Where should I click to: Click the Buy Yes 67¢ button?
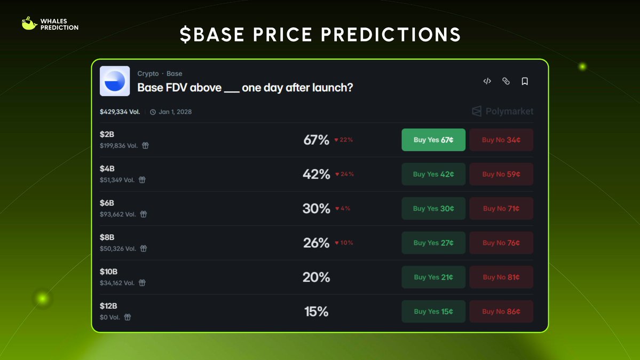pyautogui.click(x=433, y=140)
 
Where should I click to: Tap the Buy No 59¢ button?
pyautogui.click(x=501, y=174)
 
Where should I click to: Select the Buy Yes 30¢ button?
pyautogui.click(x=433, y=208)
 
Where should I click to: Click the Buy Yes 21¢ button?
pyautogui.click(x=433, y=277)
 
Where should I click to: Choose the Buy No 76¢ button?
pyautogui.click(x=501, y=242)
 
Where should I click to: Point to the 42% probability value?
pyautogui.click(x=316, y=174)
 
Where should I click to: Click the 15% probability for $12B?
pyautogui.click(x=316, y=311)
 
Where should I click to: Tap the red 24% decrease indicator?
pyautogui.click(x=344, y=174)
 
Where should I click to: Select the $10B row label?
pyautogui.click(x=108, y=272)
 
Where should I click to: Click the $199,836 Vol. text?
pyautogui.click(x=119, y=145)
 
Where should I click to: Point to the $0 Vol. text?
pyautogui.click(x=110, y=317)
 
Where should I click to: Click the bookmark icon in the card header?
pyautogui.click(x=525, y=81)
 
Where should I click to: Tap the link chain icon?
pyautogui.click(x=506, y=81)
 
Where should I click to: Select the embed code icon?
pyautogui.click(x=487, y=81)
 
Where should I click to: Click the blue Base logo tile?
pyautogui.click(x=115, y=81)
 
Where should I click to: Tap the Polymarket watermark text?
pyautogui.click(x=509, y=111)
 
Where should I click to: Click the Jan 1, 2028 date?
pyautogui.click(x=175, y=112)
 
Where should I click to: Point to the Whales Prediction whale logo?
pyautogui.click(x=29, y=24)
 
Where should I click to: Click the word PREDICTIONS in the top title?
pyautogui.click(x=390, y=35)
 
